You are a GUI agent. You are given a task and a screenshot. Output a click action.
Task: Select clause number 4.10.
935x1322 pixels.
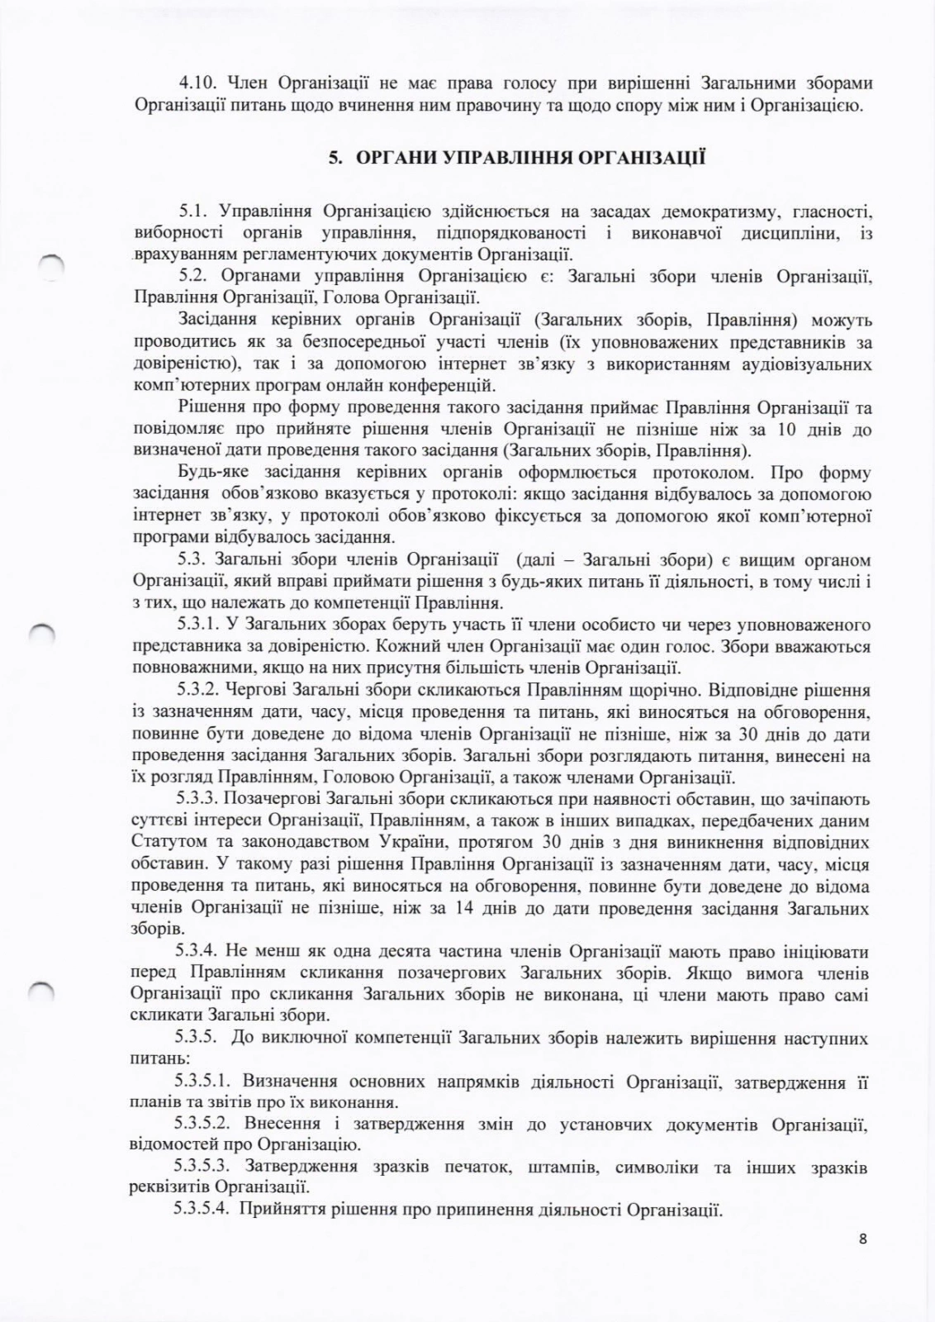pos(197,83)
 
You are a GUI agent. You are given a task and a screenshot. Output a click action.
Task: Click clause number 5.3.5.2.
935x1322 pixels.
pos(206,1124)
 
